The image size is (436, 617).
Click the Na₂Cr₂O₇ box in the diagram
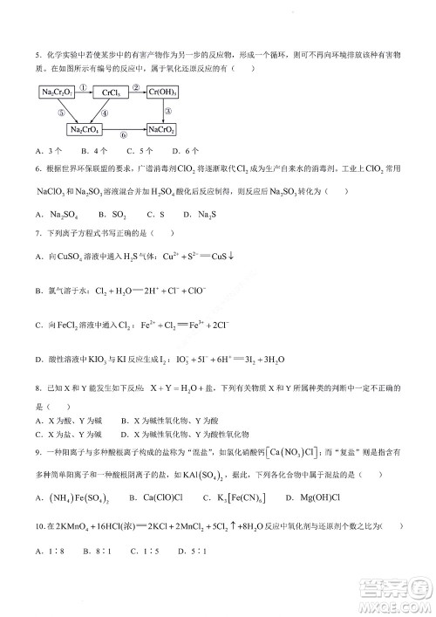[57, 92]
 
